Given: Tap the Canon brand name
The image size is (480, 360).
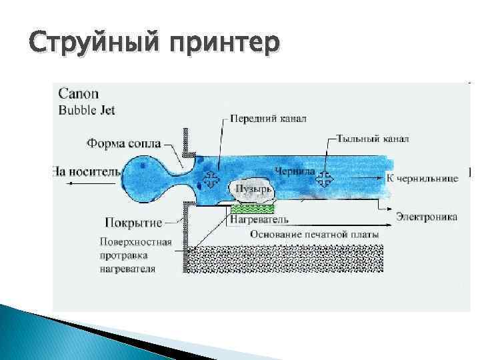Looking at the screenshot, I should pos(77,95).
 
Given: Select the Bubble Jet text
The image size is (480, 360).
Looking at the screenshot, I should pos(87,110).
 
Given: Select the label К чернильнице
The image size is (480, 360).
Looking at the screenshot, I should pos(422,178).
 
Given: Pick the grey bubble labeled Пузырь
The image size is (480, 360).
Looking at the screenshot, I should pos(251,189).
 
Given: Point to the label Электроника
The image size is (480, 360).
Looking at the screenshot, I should pos(426,216).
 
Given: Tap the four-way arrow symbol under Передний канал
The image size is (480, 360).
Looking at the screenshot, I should pos(212,179).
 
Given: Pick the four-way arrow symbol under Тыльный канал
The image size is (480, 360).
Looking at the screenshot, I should pos(325,178).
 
